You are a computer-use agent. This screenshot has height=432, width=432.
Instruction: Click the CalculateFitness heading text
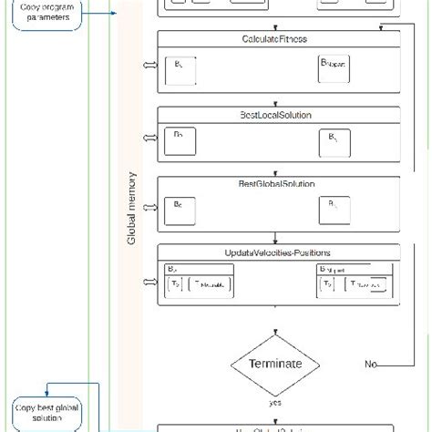[274, 39]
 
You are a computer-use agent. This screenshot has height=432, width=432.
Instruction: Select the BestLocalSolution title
[274, 114]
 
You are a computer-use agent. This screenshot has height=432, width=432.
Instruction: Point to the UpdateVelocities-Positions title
[274, 252]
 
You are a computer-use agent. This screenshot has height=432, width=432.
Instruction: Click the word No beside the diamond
[370, 365]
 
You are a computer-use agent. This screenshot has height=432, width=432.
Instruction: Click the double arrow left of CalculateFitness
[149, 67]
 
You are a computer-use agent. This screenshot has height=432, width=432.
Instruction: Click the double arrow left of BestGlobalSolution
[149, 207]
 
